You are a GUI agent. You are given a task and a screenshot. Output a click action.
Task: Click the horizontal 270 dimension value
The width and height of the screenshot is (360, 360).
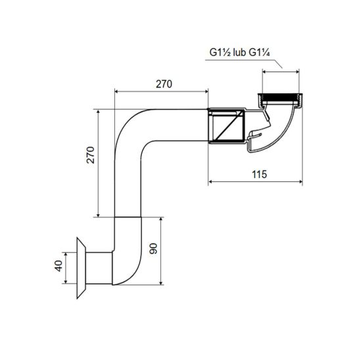pos(164,84)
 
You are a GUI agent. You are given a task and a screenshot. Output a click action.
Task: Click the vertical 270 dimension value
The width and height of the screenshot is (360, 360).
pos(91,155)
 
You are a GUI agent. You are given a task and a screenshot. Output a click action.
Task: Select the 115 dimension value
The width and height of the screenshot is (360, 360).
pos(259,174)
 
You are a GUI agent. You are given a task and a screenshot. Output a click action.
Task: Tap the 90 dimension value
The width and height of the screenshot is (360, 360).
pos(153,248)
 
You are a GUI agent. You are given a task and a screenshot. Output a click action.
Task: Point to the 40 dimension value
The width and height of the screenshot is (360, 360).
pos(58,266)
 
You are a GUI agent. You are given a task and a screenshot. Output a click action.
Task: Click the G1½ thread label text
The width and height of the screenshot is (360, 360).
pos(220,53)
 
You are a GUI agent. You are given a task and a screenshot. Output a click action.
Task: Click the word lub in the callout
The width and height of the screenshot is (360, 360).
pos(239,53)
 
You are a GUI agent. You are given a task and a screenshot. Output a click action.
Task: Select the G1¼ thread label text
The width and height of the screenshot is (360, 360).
pos(259,53)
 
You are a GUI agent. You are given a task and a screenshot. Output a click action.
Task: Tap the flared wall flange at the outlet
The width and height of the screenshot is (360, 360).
pos(81,268)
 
